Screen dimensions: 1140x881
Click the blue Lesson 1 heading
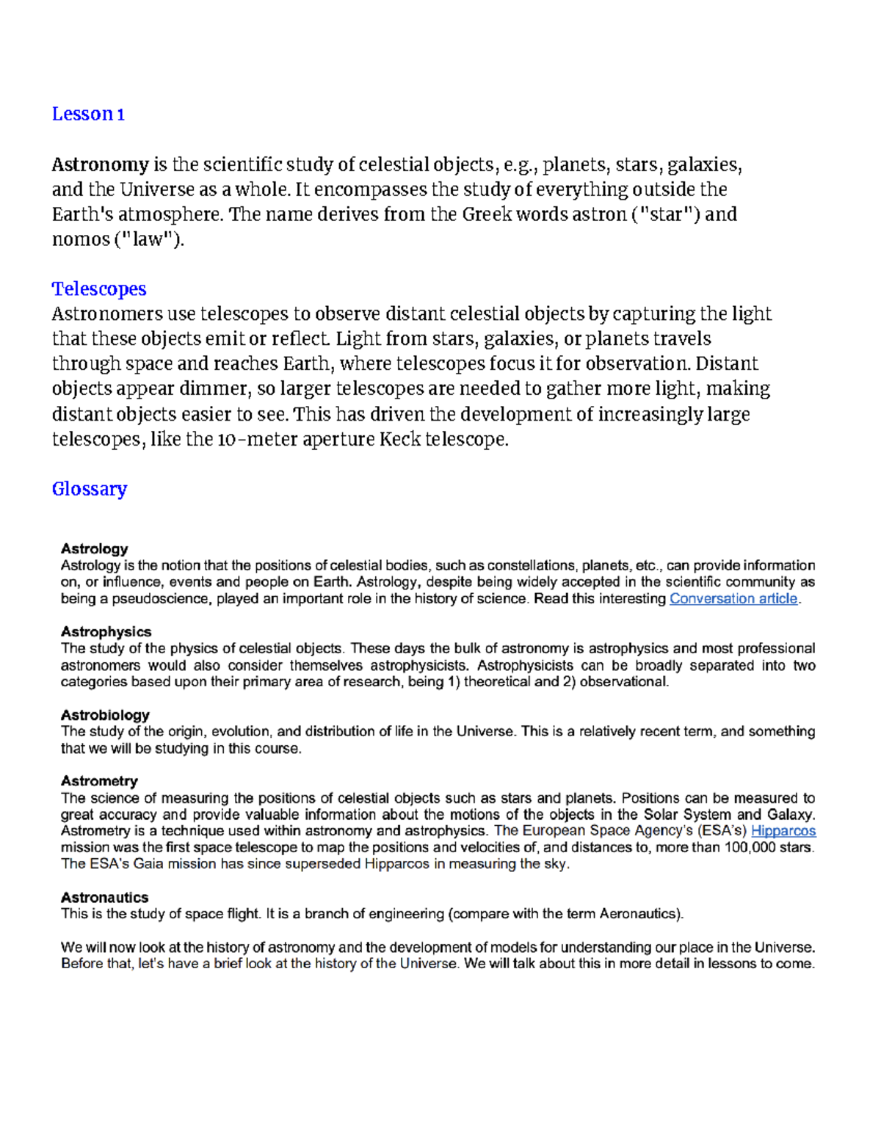point(88,115)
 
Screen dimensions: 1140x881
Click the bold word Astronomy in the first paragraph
point(100,164)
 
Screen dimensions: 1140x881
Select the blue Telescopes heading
point(99,289)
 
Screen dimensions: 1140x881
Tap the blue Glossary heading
point(90,489)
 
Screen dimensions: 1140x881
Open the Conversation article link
point(733,599)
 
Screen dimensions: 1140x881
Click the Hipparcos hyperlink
point(783,831)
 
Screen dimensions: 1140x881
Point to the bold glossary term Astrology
point(94,549)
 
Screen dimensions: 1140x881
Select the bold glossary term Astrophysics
point(106,632)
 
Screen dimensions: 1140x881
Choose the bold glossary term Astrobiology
point(105,715)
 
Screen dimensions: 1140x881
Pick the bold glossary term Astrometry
point(99,781)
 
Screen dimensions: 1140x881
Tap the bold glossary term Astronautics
point(104,898)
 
